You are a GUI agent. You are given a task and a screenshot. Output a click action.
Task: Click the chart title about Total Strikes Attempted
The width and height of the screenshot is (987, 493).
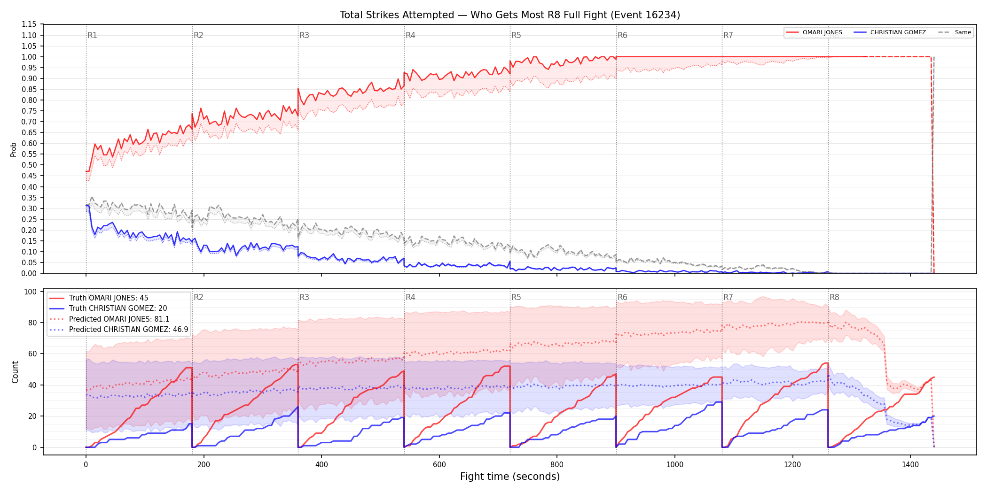click(x=510, y=15)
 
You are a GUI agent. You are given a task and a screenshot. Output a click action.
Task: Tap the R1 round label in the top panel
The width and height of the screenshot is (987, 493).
click(x=92, y=35)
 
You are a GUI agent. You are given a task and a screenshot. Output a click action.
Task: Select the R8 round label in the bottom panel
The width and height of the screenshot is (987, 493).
click(x=834, y=297)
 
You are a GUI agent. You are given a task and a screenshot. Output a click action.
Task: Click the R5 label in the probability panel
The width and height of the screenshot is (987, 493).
click(x=516, y=35)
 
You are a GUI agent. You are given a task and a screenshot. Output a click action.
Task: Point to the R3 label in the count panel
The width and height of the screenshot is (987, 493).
click(x=304, y=297)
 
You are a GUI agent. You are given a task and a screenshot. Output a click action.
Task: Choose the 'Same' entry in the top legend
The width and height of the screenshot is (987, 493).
click(x=955, y=32)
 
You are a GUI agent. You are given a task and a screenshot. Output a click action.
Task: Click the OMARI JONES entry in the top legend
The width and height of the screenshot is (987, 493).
click(x=815, y=32)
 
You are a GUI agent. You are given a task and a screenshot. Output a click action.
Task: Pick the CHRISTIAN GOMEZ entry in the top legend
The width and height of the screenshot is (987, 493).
click(x=890, y=32)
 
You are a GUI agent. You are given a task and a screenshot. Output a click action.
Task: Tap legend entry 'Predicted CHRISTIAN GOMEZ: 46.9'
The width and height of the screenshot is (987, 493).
click(x=119, y=330)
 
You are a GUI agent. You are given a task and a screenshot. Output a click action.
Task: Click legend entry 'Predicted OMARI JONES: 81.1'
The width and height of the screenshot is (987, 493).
click(x=110, y=319)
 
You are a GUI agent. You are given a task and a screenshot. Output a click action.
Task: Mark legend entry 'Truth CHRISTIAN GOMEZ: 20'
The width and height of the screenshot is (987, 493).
click(x=109, y=308)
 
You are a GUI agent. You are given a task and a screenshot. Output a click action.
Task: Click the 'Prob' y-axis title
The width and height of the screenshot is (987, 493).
click(x=14, y=149)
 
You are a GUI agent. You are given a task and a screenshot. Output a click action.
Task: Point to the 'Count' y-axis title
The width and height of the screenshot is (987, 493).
click(x=15, y=372)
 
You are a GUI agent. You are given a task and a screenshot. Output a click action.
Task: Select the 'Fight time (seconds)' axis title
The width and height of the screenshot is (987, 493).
click(x=510, y=477)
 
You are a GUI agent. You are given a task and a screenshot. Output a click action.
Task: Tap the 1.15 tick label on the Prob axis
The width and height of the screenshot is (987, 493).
click(x=29, y=24)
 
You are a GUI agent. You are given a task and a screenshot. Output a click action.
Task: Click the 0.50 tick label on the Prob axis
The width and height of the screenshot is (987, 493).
click(x=29, y=165)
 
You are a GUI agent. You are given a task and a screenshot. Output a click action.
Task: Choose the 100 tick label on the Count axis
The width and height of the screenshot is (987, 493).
click(x=31, y=292)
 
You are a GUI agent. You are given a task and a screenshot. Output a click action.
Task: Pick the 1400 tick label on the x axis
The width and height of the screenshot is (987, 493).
click(x=910, y=465)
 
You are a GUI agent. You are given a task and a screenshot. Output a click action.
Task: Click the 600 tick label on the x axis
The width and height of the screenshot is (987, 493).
click(x=439, y=465)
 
